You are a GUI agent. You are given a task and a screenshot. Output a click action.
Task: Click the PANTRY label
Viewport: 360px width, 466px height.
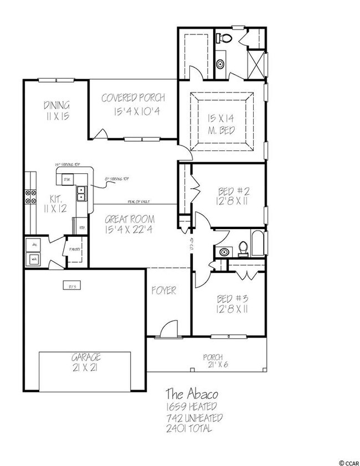click(x=75, y=249)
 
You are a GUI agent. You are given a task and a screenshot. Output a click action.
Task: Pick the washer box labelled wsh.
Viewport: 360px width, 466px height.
click(x=34, y=258)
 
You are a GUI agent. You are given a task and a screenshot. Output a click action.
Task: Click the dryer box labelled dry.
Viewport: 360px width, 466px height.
click(x=34, y=244)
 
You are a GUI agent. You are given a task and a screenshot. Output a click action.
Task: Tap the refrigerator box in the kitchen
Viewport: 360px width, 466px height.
click(x=81, y=227)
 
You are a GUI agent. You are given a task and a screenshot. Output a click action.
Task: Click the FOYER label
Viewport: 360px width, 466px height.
click(x=164, y=291)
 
